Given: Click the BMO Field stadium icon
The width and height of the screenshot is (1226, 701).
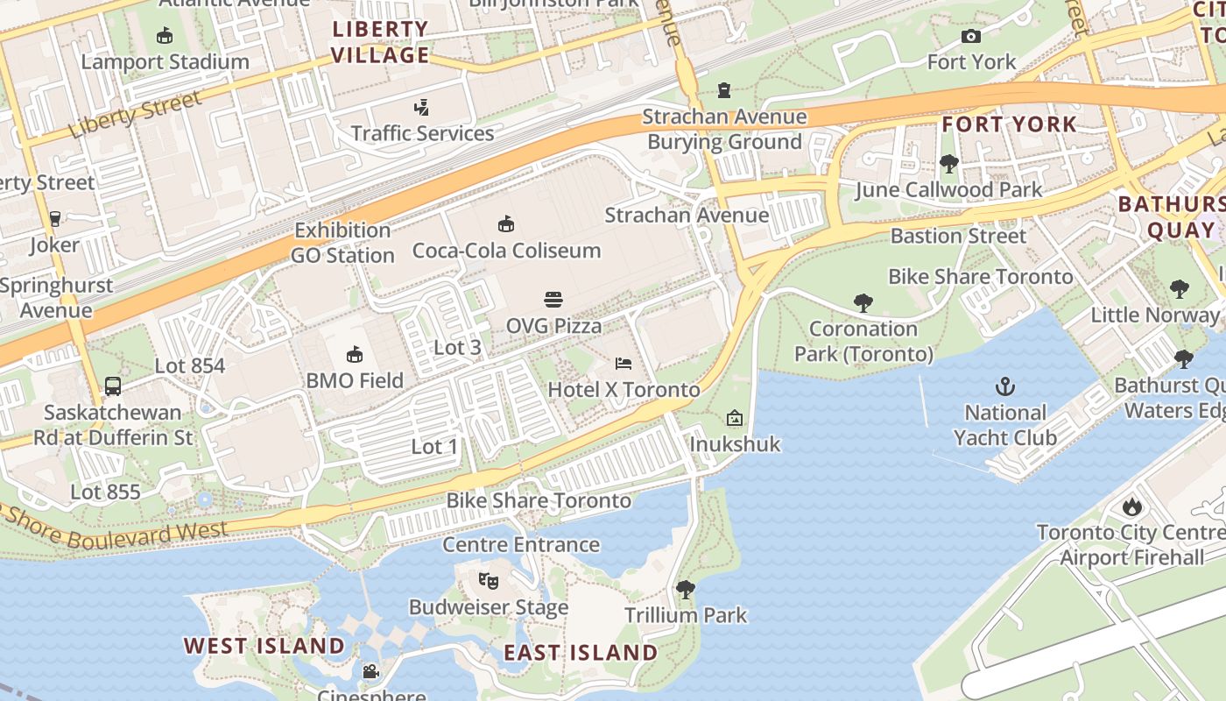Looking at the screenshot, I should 355,354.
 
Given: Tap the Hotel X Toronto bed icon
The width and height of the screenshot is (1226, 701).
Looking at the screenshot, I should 624,363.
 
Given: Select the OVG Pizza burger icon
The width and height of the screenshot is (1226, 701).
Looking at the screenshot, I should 553,300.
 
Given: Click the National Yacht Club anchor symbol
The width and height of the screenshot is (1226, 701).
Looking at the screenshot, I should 1005,386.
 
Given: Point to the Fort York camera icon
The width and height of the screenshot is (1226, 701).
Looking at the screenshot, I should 970,36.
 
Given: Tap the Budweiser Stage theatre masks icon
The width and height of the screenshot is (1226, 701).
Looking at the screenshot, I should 488,580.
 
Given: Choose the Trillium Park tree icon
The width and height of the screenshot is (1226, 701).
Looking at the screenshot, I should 686,590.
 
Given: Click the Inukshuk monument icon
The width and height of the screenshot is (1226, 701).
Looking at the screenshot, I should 734,418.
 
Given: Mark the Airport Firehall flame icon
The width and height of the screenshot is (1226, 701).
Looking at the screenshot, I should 1131,506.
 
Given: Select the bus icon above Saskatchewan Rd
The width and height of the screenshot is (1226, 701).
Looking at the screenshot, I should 113,386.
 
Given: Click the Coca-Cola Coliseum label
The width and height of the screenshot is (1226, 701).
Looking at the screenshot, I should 506,251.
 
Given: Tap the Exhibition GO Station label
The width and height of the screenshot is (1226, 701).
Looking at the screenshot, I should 342,243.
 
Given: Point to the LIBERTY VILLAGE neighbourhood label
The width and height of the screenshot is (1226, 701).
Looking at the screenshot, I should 381,42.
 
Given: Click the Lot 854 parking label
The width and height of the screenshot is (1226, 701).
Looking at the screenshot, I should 190,365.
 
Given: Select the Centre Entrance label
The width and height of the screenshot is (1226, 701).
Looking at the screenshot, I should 521,544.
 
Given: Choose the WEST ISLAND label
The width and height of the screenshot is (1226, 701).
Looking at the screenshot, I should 264,646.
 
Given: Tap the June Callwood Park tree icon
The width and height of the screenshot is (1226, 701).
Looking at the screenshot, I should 948,163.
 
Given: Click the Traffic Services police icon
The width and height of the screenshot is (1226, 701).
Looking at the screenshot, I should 422,108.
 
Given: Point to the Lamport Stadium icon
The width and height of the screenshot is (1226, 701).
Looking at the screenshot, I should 164,36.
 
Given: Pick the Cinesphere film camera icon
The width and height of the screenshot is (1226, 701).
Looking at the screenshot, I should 370,671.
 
